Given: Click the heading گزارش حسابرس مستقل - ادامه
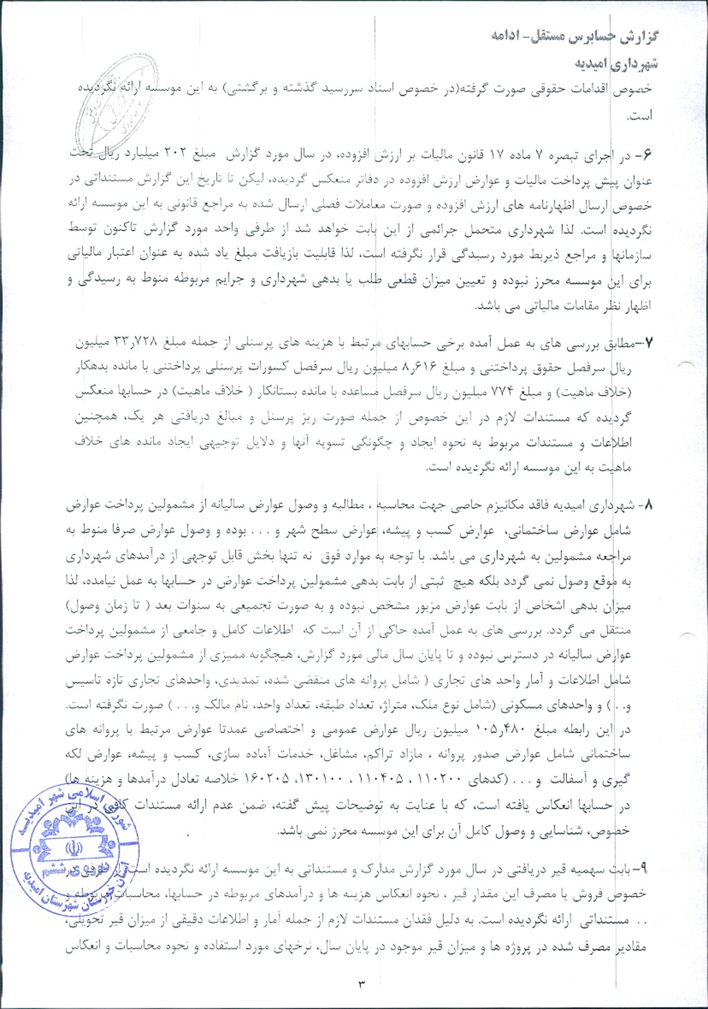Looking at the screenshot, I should (x=575, y=37).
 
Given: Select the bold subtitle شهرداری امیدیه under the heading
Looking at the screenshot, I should (x=616, y=64).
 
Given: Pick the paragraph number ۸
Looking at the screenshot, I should (x=648, y=506).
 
